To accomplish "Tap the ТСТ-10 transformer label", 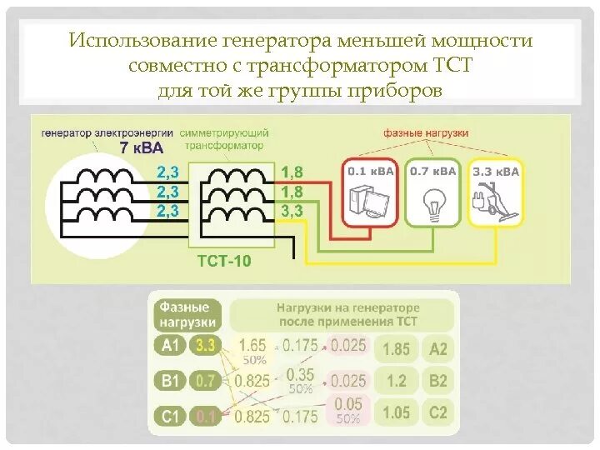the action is click(223, 262).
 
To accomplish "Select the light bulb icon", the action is click(432, 201).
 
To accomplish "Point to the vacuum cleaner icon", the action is click(496, 201).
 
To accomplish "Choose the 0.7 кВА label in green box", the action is click(432, 171).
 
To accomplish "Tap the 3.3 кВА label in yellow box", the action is click(496, 172).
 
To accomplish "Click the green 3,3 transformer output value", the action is click(292, 211).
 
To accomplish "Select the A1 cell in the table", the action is click(170, 346).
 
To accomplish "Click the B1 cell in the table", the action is click(170, 381).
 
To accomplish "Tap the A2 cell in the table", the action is click(438, 348).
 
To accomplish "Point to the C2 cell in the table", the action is click(438, 412).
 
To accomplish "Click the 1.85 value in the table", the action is click(396, 348).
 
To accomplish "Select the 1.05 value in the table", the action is click(396, 412).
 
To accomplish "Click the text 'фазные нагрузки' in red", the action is click(426, 132).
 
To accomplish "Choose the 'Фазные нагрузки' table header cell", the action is click(188, 314).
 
